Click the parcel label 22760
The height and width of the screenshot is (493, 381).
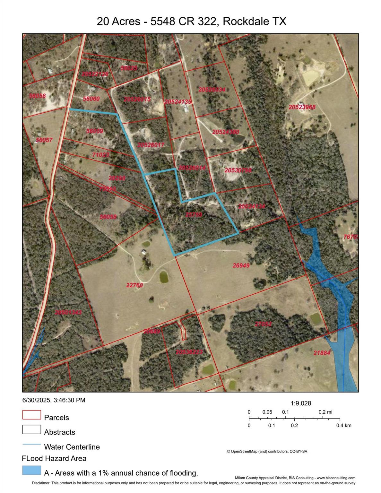coord(134,285)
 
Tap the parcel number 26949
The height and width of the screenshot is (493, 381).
coord(241,265)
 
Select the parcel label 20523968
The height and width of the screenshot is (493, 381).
coord(302,107)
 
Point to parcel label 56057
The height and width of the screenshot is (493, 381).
coord(44,140)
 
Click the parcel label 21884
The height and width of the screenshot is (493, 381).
coord(322,353)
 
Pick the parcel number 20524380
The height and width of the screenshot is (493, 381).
coord(226,132)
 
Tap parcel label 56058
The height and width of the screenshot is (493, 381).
coord(108,217)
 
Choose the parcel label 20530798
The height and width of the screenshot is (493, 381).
coord(238,170)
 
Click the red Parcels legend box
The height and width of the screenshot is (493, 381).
coord(31,415)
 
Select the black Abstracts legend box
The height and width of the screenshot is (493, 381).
coord(31,429)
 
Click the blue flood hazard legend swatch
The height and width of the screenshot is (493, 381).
coord(31,470)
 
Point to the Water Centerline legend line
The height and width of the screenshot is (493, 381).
coord(31,444)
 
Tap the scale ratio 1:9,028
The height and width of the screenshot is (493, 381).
coord(301,403)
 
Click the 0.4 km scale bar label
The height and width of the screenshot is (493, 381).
coord(343,426)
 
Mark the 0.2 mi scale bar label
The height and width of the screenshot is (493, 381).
coord(325,412)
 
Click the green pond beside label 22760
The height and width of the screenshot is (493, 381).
coord(164,277)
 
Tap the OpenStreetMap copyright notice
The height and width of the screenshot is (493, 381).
coord(267,452)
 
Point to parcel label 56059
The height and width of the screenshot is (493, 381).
coord(94,131)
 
